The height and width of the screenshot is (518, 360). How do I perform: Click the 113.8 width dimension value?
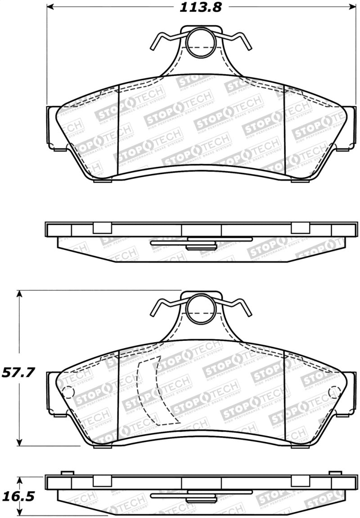pos(198,8)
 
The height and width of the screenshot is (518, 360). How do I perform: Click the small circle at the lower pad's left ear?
pos(67,392)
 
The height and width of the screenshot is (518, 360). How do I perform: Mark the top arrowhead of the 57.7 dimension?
pos(19,294)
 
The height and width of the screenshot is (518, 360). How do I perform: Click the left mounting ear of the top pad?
pos(53,127)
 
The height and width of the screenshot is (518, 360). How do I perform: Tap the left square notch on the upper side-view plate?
pos(99,228)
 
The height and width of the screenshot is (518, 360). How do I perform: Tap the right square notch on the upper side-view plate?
pos(297,228)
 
